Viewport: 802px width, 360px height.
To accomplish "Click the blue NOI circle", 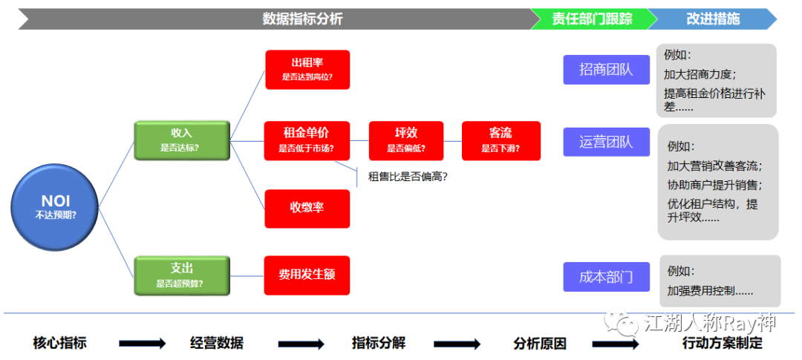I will tap(56, 207).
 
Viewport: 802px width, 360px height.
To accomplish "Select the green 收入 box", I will tap(181, 140).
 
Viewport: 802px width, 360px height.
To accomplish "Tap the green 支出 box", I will tap(181, 274).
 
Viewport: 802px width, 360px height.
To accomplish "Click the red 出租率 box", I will tap(307, 69).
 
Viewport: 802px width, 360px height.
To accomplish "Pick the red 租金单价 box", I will tap(306, 140).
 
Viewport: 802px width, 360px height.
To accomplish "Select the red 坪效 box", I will tap(405, 140).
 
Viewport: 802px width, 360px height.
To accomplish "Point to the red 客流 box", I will tap(499, 140).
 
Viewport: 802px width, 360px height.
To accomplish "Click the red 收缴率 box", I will tap(307, 208).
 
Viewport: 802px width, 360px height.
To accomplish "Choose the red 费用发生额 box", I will tap(307, 275).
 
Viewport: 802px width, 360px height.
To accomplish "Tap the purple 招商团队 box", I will tap(606, 70).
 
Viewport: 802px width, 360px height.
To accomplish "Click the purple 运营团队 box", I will tap(606, 141).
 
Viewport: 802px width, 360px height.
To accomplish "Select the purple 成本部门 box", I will tap(606, 277).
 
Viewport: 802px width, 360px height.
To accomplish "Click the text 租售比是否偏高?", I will tap(408, 177).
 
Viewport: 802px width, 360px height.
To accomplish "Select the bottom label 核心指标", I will tap(60, 343).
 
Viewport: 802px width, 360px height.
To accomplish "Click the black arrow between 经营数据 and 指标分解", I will tap(301, 344).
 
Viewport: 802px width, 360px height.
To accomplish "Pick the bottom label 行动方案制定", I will tap(722, 343).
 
